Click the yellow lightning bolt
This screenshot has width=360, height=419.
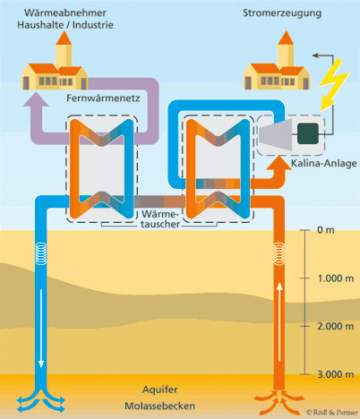pyautogui.click(x=332, y=83)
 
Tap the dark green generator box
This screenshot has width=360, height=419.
pyautogui.click(x=308, y=133)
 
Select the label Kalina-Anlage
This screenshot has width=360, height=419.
pyautogui.click(x=324, y=163)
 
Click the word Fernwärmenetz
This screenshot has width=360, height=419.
pyautogui.click(x=103, y=98)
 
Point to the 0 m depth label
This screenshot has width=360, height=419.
pyautogui.click(x=326, y=230)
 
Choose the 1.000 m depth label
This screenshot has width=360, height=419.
pyautogui.click(x=336, y=278)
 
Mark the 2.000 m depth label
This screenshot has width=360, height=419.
pyautogui.click(x=336, y=326)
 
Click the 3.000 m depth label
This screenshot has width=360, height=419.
pyautogui.click(x=336, y=374)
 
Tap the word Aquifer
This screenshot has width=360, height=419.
pyautogui.click(x=160, y=389)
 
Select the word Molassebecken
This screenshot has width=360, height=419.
pyautogui.click(x=160, y=406)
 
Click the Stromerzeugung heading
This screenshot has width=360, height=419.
pyautogui.click(x=282, y=13)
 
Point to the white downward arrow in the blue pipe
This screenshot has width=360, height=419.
pyautogui.click(x=41, y=328)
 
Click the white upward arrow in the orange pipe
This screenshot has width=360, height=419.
pyautogui.click(x=279, y=321)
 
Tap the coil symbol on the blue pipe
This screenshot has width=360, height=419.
pyautogui.click(x=41, y=253)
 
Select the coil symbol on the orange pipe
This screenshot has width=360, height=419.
pyautogui.click(x=279, y=253)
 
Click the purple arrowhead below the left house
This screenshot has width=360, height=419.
pyautogui.click(x=36, y=99)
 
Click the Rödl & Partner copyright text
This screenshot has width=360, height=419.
pyautogui.click(x=331, y=412)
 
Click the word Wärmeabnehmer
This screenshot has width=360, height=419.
pyautogui.click(x=65, y=13)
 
